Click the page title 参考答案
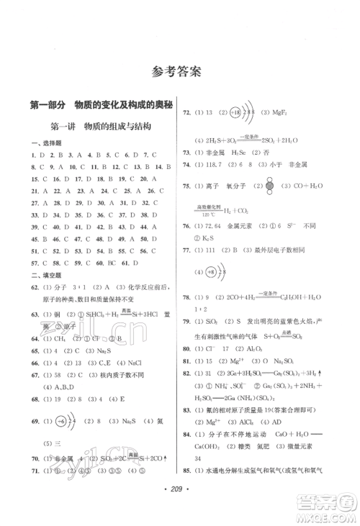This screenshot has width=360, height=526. tap(179, 71)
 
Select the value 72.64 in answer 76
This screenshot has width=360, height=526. tap(215, 227)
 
